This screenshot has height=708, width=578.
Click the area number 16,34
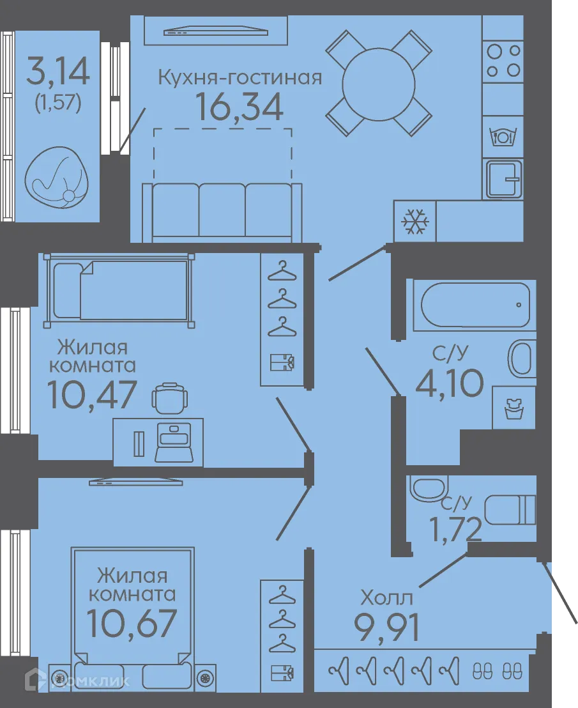click(x=240, y=107)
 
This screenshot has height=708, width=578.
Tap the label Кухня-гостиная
click(x=240, y=78)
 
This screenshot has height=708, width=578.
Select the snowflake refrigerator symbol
click(x=415, y=221)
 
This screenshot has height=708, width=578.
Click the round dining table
click(x=379, y=83)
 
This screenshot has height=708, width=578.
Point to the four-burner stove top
click(x=503, y=61)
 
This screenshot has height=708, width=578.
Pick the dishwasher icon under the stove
click(x=503, y=136)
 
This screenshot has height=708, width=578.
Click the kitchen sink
click(x=503, y=179)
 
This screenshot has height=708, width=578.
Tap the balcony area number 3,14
click(x=57, y=72)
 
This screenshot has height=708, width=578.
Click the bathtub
click(x=475, y=305)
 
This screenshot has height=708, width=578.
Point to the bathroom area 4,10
click(x=450, y=383)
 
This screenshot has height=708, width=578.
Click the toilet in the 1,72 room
click(x=510, y=510)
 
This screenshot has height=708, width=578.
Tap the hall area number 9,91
click(x=386, y=627)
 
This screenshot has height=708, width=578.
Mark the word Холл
click(x=386, y=598)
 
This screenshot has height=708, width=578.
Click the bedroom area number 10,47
click(x=91, y=394)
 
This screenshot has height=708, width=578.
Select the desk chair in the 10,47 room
click(x=170, y=398)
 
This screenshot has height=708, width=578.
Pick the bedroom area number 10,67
click(x=132, y=623)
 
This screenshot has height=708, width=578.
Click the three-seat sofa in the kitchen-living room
click(x=222, y=212)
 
